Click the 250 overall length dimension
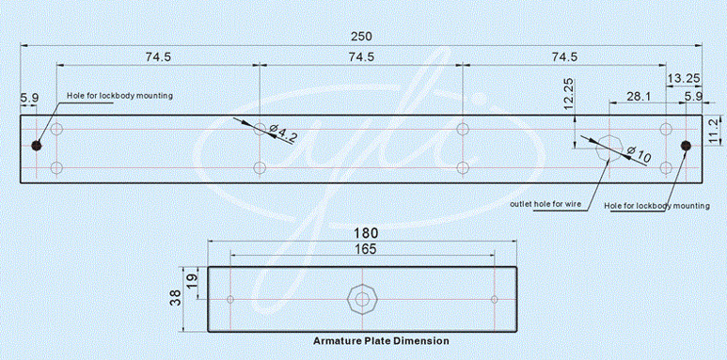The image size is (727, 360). (361, 36)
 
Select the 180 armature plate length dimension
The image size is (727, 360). (367, 232)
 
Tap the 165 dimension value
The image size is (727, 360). (366, 249)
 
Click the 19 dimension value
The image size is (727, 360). (192, 281)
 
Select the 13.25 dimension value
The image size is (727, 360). (684, 78)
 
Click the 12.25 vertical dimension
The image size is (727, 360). (568, 94)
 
